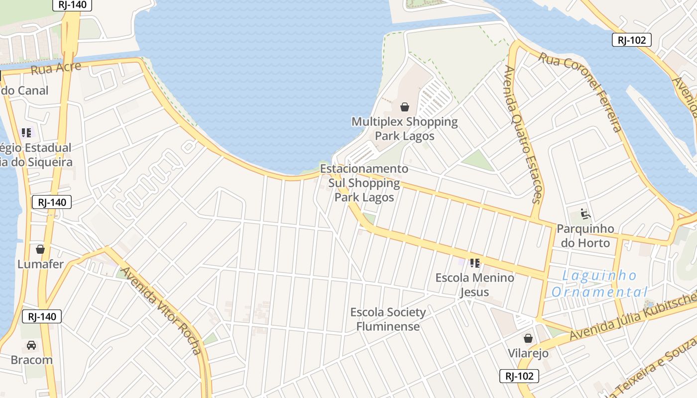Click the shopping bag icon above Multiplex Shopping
point(405,107)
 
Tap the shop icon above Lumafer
point(40,249)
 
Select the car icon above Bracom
point(31,345)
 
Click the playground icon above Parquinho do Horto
point(585,214)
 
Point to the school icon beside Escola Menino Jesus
point(475,263)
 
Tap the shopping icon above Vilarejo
point(528,339)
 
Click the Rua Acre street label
point(56,68)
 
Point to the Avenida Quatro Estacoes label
point(523,134)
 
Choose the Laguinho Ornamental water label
point(599,284)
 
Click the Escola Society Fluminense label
point(388,319)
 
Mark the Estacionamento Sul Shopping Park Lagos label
point(364,183)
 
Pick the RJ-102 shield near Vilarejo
point(519,376)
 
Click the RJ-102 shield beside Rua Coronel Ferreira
point(632,40)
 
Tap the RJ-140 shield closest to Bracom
point(42,316)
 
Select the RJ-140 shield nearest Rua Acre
point(73,5)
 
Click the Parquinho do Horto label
point(585,236)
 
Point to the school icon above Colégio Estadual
point(26,133)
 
